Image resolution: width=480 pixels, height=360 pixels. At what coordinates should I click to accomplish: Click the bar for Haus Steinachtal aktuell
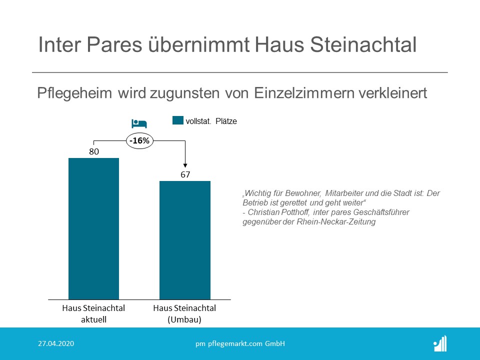pyautogui.click(x=93, y=228)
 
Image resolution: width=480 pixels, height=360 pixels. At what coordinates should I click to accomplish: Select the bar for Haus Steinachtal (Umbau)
pyautogui.click(x=185, y=240)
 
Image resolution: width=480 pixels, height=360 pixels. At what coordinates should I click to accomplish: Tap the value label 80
pyautogui.click(x=94, y=151)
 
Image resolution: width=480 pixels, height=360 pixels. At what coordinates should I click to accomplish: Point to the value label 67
pyautogui.click(x=185, y=174)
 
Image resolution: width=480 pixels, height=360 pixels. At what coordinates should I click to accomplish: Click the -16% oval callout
pyautogui.click(x=139, y=141)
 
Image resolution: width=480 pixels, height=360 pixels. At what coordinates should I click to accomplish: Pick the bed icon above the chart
pyautogui.click(x=139, y=123)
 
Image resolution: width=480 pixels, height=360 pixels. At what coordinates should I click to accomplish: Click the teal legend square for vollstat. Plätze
pyautogui.click(x=178, y=120)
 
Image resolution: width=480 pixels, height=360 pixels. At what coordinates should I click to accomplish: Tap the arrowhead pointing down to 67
pyautogui.click(x=185, y=165)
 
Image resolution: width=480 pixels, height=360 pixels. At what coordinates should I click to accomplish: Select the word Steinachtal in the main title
pyautogui.click(x=363, y=44)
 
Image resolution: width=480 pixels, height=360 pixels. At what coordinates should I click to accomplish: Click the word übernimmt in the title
pyautogui.click(x=198, y=44)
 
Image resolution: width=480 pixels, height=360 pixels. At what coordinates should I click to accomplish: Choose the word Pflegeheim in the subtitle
pyautogui.click(x=74, y=93)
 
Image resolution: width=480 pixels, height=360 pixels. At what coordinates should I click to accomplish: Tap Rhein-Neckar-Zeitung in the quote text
pyautogui.click(x=336, y=221)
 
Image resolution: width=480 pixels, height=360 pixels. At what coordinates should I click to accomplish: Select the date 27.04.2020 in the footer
pyautogui.click(x=56, y=343)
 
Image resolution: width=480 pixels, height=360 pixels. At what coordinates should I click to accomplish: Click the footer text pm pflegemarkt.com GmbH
pyautogui.click(x=240, y=344)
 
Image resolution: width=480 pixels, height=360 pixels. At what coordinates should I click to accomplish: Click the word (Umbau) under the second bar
pyautogui.click(x=184, y=319)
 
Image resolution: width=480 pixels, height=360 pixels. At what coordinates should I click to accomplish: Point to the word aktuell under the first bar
pyautogui.click(x=93, y=319)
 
